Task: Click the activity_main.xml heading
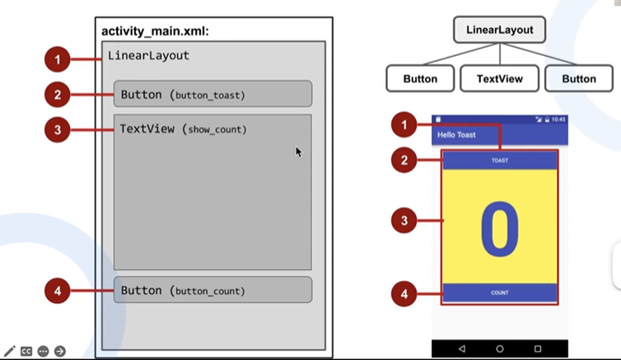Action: [156, 31]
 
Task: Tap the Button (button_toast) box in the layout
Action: [212, 95]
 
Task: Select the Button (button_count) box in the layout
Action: [212, 291]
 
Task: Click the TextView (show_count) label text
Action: [183, 129]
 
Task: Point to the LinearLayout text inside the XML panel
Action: [148, 56]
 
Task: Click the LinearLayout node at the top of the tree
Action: [499, 30]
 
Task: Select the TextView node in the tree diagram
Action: [499, 79]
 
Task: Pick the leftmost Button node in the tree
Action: [420, 79]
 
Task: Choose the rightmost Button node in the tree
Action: [578, 79]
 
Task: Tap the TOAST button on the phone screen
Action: [500, 161]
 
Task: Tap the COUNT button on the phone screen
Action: [500, 292]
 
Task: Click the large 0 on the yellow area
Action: [500, 227]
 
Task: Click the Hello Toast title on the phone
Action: [456, 134]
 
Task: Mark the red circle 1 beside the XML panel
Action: [58, 59]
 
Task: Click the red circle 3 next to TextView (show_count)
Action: [58, 129]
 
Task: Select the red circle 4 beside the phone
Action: [404, 292]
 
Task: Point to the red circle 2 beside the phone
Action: [404, 161]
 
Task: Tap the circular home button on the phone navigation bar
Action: [500, 349]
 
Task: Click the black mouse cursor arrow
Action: [299, 152]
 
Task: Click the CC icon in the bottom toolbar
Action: [26, 351]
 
